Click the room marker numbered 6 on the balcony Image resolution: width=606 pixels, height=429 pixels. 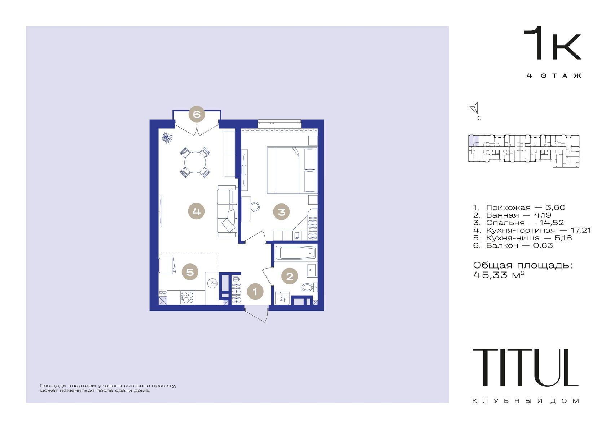coord(197,114)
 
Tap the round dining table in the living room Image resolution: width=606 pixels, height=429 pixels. coord(195,162)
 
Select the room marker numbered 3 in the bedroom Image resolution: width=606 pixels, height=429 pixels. coord(281,212)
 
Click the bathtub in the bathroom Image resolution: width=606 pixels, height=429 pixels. coord(295,253)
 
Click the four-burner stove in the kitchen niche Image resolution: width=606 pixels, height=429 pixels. coord(187,297)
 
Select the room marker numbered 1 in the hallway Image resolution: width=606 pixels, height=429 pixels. coord(255,292)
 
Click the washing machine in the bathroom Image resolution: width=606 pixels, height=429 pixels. coord(282,298)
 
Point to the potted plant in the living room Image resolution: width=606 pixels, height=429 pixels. coord(167,138)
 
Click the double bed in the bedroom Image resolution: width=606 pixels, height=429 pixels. coord(292,170)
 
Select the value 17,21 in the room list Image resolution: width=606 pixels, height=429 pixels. coord(581,230)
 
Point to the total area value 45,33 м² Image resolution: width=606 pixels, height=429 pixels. coord(499,275)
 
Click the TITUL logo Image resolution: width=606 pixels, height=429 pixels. coord(525,368)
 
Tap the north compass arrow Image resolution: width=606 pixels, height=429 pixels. coord(474,108)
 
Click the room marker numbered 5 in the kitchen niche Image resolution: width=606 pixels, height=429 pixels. coord(190,271)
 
